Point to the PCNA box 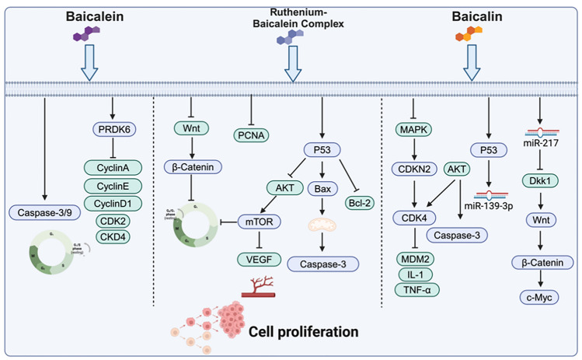(x=251, y=135)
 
